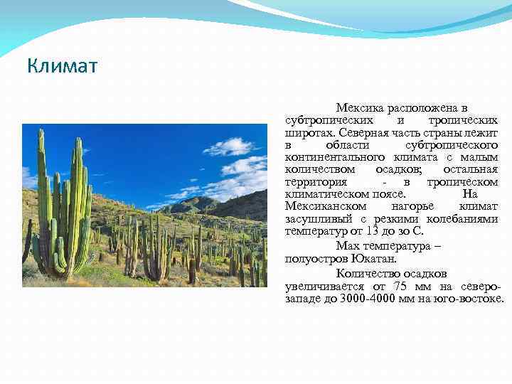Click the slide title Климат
click(x=63, y=67)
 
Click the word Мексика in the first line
click(x=361, y=108)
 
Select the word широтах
click(x=310, y=133)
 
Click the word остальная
click(x=470, y=169)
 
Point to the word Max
click(x=351, y=245)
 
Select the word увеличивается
click(x=325, y=286)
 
